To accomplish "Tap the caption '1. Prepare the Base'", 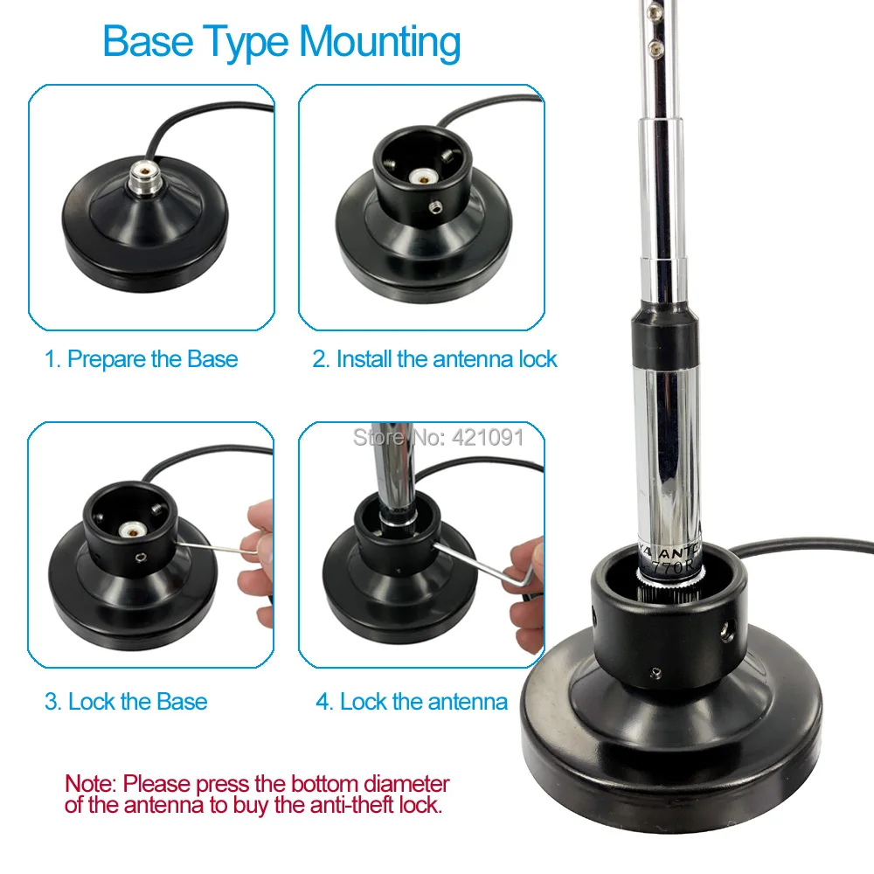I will tap(141, 359).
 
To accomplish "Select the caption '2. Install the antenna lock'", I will tap(434, 359).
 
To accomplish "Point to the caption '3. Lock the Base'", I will tap(126, 702).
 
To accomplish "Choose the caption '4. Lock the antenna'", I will tap(411, 702).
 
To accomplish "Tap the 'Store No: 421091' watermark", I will tap(438, 437).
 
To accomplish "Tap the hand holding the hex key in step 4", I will tap(524, 581).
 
